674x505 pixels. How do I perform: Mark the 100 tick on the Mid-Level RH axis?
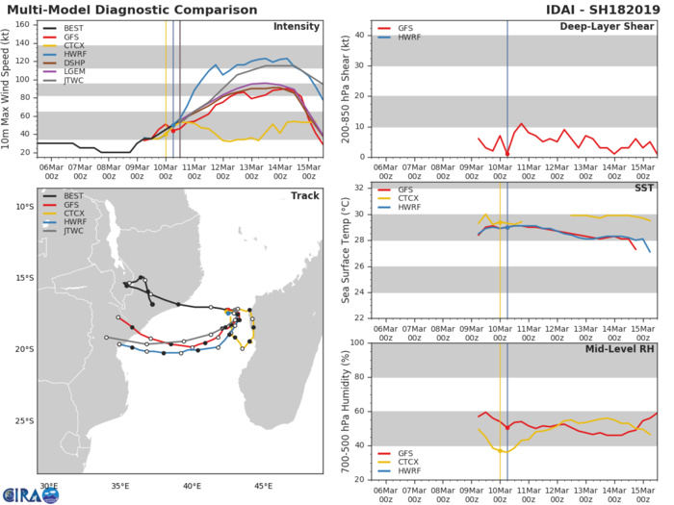tap(354, 342)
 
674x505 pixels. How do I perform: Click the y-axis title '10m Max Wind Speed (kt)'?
tap(8, 88)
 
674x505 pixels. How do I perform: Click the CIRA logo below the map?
tap(30, 493)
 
